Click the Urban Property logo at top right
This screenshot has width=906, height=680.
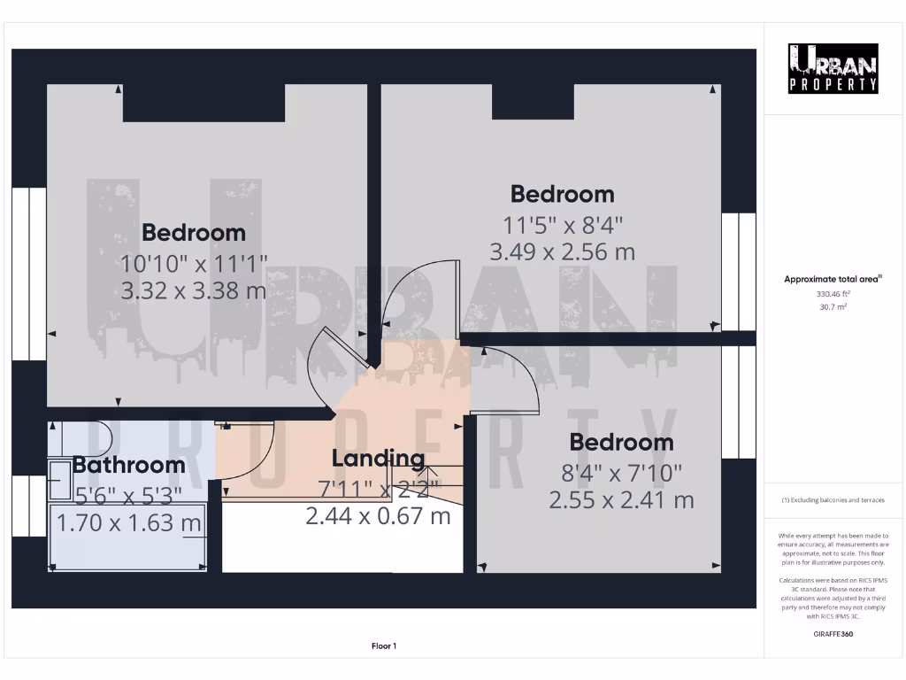(833, 68)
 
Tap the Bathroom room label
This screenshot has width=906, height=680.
(129, 464)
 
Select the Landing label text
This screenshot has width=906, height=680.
(378, 459)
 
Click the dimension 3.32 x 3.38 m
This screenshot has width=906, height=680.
(194, 290)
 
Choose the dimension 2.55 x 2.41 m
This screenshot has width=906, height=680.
(621, 500)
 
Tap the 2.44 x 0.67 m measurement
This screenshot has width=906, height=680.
(378, 515)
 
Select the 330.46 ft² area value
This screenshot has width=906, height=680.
(833, 293)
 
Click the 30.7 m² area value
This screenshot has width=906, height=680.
(833, 306)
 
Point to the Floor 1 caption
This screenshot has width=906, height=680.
(384, 646)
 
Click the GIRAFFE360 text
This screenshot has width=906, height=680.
(833, 634)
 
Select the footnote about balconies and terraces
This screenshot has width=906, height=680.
(833, 500)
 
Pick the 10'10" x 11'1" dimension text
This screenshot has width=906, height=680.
(194, 263)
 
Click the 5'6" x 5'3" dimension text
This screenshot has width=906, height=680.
(129, 494)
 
